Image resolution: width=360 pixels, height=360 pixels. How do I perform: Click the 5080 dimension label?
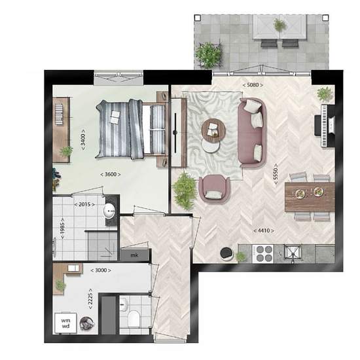(x=253, y=85)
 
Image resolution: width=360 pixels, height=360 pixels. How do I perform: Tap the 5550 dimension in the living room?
(x=276, y=174)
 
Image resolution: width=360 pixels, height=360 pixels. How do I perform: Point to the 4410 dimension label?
(x=264, y=230)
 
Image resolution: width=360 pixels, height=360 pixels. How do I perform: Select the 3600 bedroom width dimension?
(x=110, y=174)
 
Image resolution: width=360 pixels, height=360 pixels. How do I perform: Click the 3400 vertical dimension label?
(x=83, y=139)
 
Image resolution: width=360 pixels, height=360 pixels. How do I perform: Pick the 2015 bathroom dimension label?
(x=84, y=204)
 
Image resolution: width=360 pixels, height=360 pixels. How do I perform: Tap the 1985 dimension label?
(x=62, y=228)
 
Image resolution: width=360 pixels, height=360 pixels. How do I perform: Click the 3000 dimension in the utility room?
(x=101, y=270)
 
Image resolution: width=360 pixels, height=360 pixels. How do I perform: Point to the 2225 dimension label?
(x=90, y=298)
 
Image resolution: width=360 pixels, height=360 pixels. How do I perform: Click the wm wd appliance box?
(x=65, y=323)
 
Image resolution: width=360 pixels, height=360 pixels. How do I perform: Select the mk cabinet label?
(x=134, y=255)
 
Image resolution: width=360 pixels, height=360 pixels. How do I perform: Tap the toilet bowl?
(x=134, y=318)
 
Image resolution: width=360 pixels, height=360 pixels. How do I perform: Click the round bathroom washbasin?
(x=109, y=211)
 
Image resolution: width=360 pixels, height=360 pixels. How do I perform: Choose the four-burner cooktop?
(x=263, y=254)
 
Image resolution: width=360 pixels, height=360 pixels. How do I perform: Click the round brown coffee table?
(x=213, y=130)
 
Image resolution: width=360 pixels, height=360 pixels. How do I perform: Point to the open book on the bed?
(x=115, y=117)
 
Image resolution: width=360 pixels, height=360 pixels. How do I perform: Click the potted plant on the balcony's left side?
(x=208, y=55)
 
